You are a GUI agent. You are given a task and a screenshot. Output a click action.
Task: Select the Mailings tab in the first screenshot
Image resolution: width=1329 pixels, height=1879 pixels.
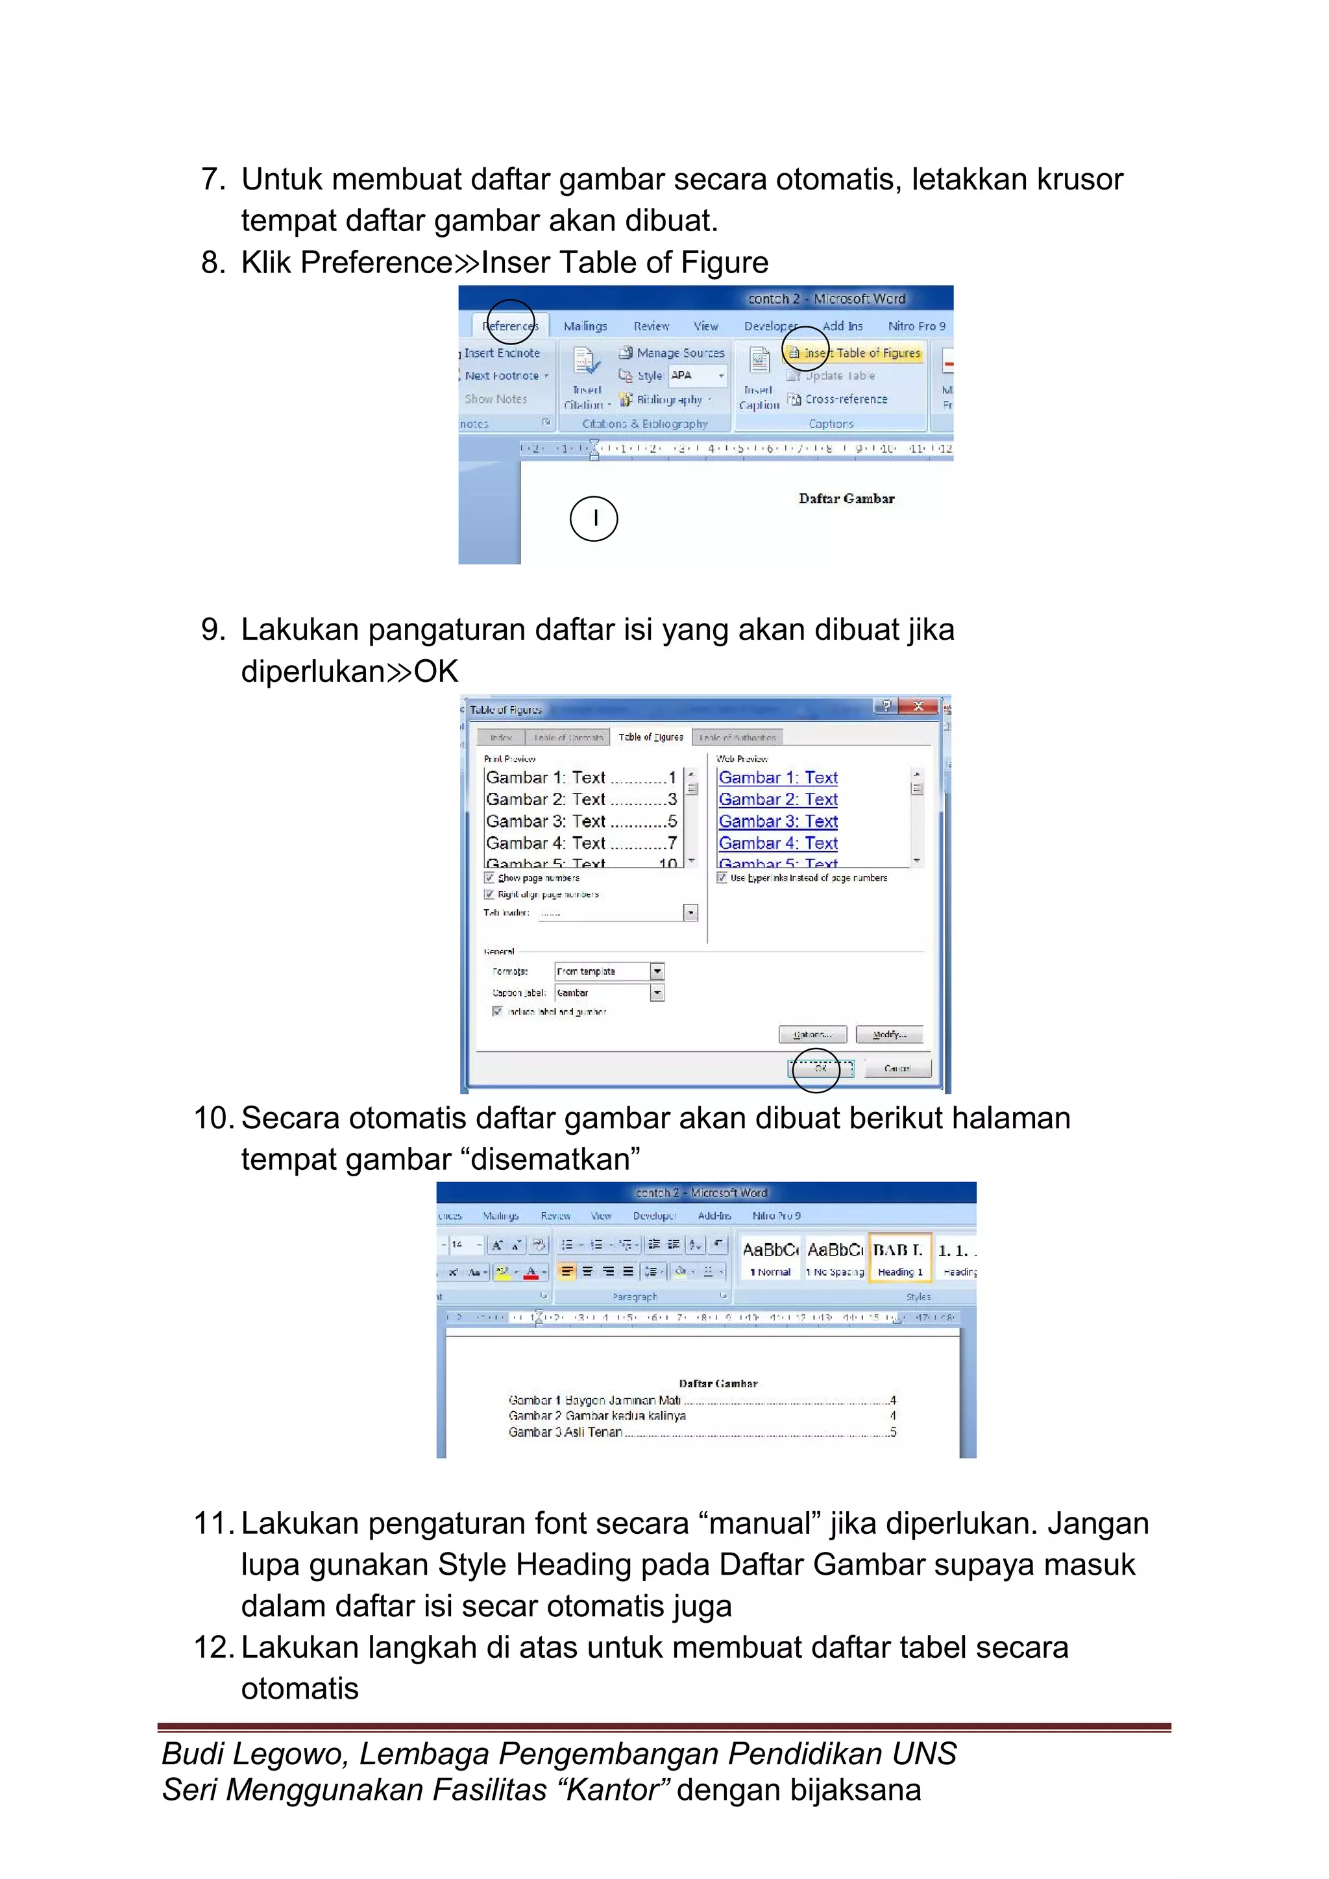[x=585, y=326]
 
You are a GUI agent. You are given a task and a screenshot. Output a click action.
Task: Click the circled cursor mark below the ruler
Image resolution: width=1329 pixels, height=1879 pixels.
[x=594, y=518]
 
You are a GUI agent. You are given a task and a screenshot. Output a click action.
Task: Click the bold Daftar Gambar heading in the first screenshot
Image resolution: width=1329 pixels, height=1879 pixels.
[x=846, y=498]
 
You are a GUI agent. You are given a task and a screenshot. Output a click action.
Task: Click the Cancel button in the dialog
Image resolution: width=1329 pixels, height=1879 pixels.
[x=897, y=1068]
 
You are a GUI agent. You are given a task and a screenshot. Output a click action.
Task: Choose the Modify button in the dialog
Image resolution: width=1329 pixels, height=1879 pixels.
[x=889, y=1034]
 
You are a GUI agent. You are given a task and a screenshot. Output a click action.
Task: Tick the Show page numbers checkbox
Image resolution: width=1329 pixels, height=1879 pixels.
[x=489, y=877]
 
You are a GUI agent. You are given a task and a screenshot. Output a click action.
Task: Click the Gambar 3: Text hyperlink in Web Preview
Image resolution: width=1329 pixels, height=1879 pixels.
[x=777, y=821]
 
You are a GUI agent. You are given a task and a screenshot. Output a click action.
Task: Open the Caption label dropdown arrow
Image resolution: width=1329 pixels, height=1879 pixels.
[x=657, y=993]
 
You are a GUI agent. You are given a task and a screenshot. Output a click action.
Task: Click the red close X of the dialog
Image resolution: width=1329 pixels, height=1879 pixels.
[x=918, y=707]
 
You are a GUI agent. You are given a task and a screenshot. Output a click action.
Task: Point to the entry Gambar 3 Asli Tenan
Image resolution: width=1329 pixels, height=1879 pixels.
[x=565, y=1432]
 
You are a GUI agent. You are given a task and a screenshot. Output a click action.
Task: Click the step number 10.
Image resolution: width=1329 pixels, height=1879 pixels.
[x=213, y=1118]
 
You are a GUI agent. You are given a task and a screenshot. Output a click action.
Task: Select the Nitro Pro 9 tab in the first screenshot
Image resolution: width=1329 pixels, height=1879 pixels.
[x=916, y=326]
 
